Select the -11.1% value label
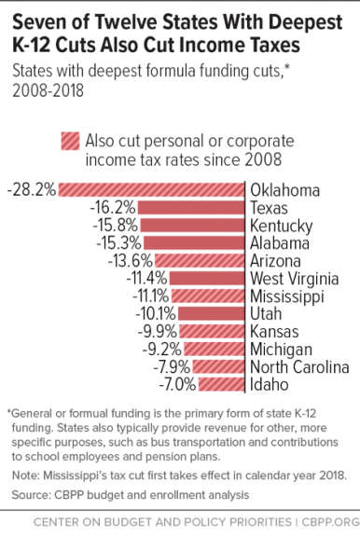point(144,296)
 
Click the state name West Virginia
point(296,278)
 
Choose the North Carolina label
point(299,365)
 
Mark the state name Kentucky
point(281,226)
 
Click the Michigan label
point(282,348)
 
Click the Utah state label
point(266,313)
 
